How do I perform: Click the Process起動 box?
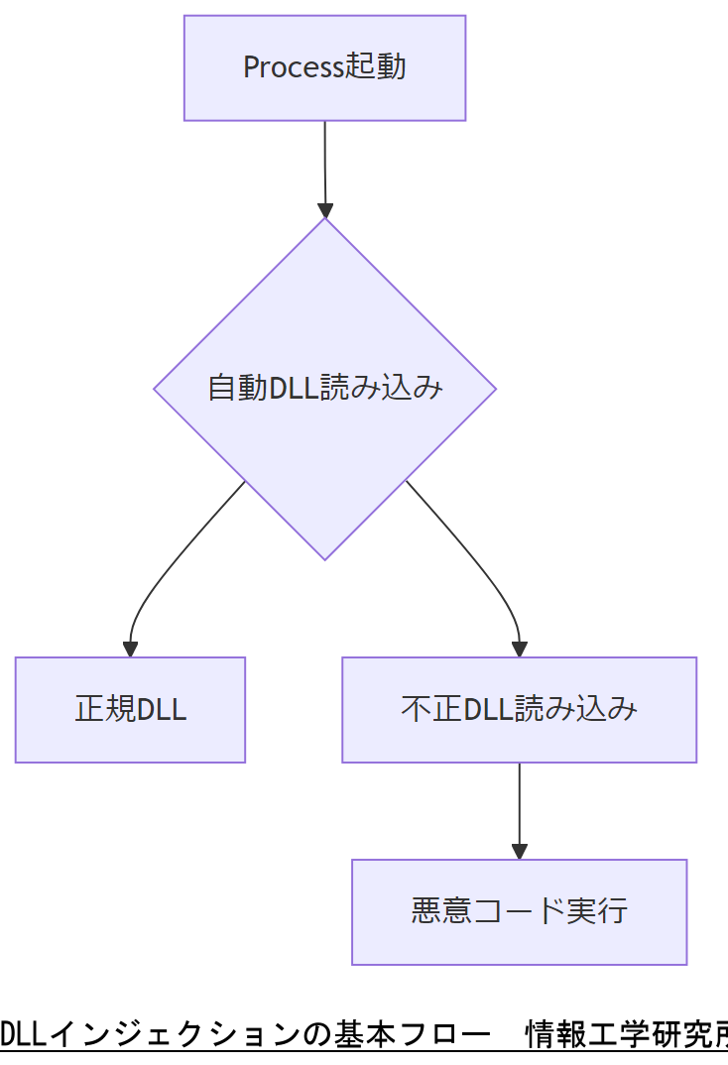pos(324,67)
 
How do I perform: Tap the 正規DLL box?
pos(130,709)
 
